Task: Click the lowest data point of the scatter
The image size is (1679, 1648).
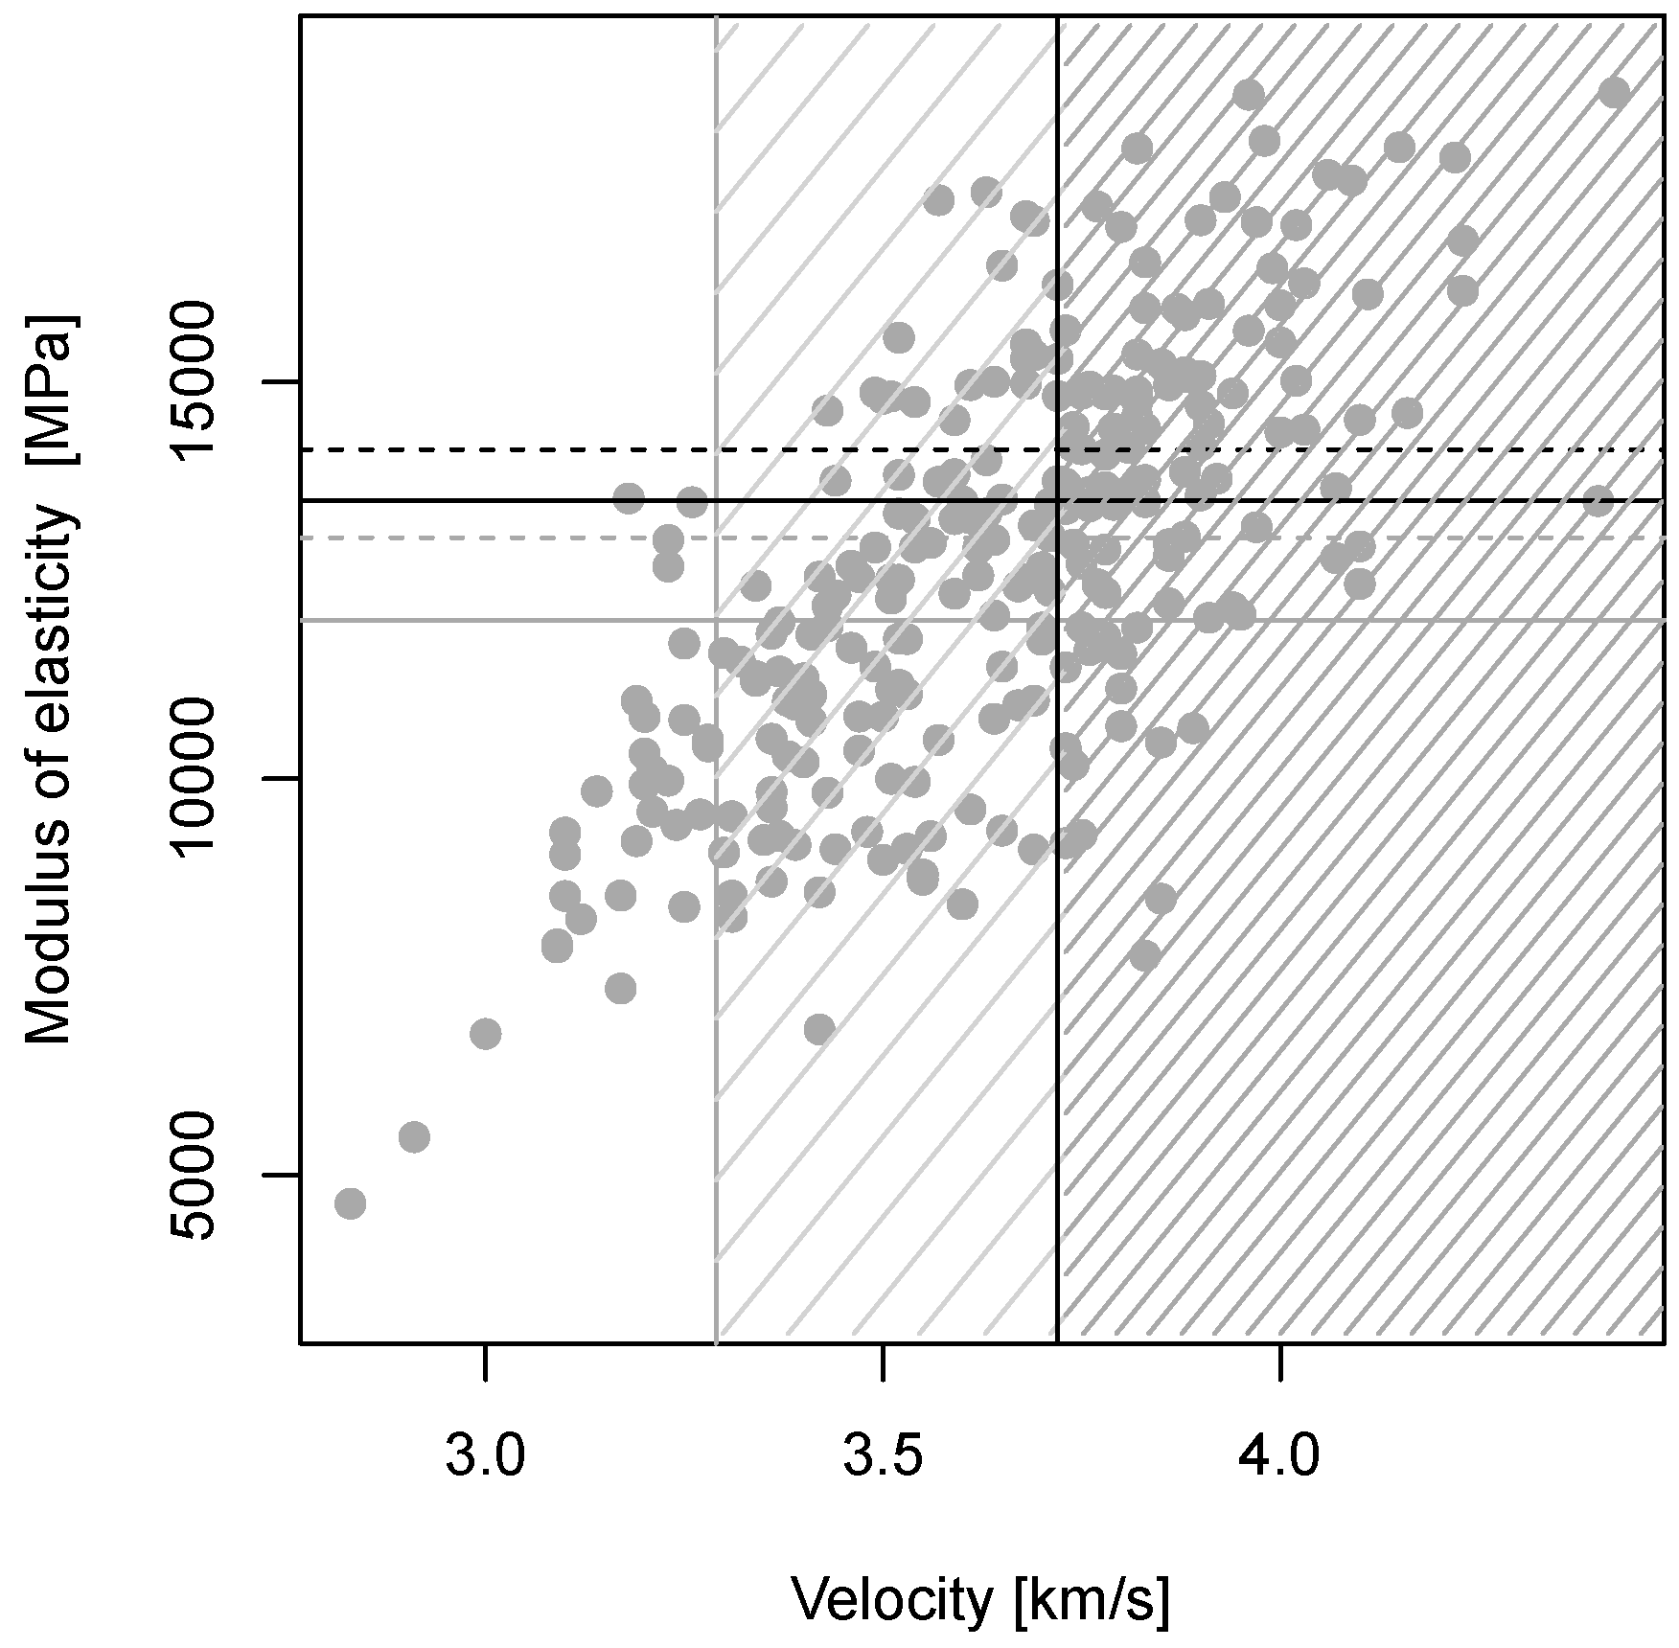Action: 350,1203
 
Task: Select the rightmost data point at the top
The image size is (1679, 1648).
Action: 1614,93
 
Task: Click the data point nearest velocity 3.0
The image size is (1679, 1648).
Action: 486,1034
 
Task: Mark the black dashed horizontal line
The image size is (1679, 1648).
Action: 980,449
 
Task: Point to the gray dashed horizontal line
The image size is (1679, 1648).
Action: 980,538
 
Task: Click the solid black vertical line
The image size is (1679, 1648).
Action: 1057,678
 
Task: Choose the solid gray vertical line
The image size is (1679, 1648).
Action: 716,678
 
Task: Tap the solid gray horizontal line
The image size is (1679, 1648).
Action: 980,620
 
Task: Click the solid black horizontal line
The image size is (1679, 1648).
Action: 980,500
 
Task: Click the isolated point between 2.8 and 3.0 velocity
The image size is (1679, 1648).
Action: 414,1137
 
